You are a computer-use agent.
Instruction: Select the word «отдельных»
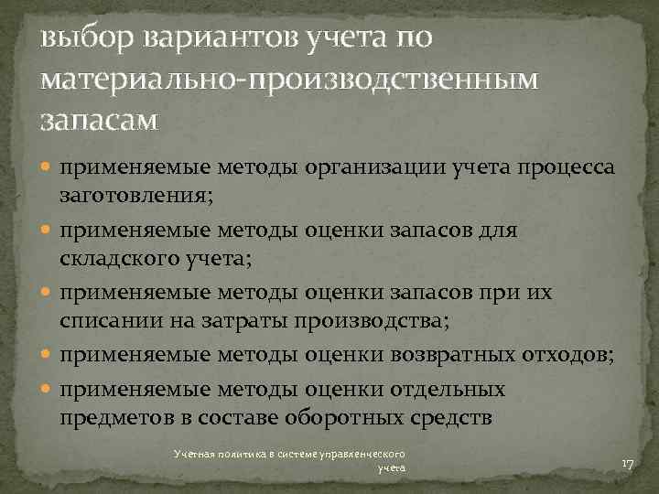click(452, 390)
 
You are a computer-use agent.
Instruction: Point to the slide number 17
click(627, 465)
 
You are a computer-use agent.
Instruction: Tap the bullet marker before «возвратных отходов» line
click(46, 353)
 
